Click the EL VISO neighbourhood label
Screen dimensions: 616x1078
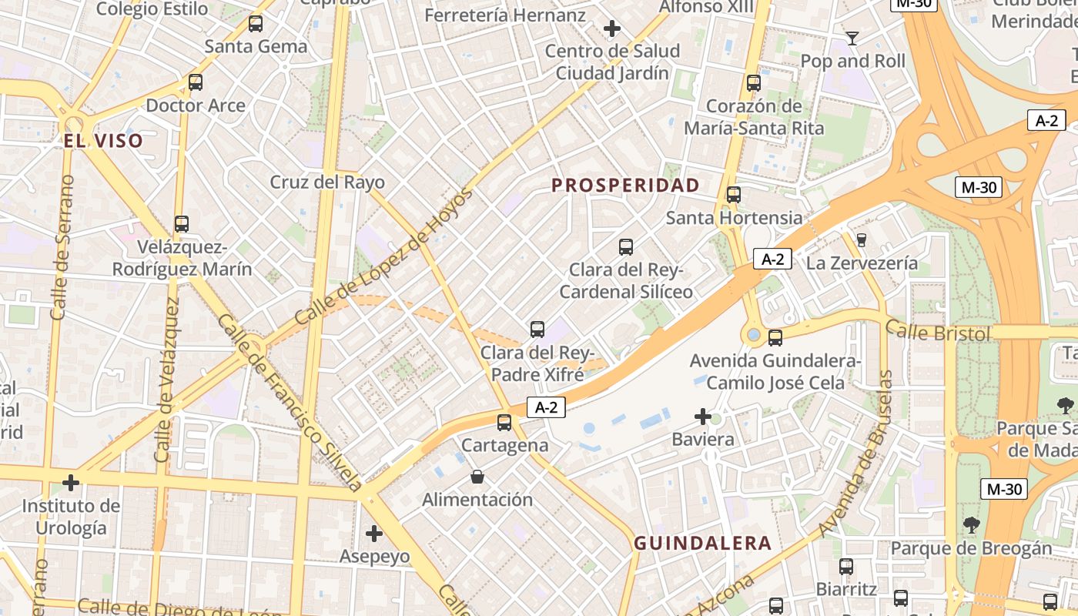pos(103,140)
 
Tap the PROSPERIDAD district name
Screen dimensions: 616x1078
pos(625,185)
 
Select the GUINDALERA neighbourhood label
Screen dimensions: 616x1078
pos(702,543)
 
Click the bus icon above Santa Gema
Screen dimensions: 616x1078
pos(256,24)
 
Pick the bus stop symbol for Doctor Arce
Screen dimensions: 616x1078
pos(196,82)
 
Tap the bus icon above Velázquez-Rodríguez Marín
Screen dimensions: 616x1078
pos(182,224)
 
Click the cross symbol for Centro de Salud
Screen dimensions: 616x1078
pos(612,29)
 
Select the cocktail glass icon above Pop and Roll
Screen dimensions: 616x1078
pos(852,38)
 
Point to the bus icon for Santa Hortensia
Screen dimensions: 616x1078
pos(734,195)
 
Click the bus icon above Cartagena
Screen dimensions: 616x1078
pos(504,422)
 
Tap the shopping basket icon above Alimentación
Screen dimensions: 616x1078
pos(477,477)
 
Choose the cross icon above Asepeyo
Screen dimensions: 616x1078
pos(374,533)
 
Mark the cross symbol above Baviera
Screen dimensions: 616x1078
pos(703,417)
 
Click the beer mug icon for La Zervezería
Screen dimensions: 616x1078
pos(862,240)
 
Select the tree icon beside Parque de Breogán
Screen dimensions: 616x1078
pos(971,525)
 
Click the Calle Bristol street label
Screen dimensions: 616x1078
pos(937,333)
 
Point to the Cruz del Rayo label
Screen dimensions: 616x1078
pos(326,182)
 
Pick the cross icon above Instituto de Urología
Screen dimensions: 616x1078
pos(71,483)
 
